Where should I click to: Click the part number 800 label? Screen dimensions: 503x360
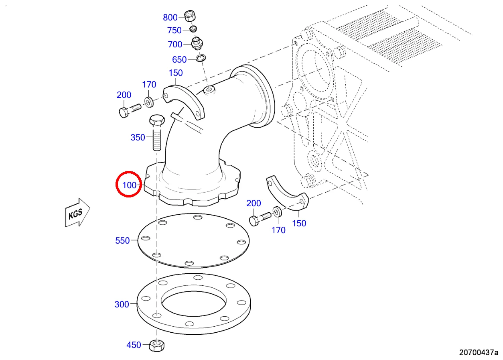pyautogui.click(x=170, y=18)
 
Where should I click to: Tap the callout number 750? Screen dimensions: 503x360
pyautogui.click(x=174, y=31)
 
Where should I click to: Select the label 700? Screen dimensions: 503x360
pyautogui.click(x=175, y=45)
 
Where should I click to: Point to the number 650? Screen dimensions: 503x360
pyautogui.click(x=179, y=59)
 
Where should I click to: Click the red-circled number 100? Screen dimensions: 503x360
pyautogui.click(x=129, y=185)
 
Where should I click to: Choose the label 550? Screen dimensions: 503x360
pyautogui.click(x=122, y=241)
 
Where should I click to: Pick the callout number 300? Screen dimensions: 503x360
pyautogui.click(x=122, y=305)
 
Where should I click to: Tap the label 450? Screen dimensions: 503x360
pyautogui.click(x=134, y=345)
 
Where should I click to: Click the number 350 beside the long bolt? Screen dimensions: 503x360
pyautogui.click(x=138, y=137)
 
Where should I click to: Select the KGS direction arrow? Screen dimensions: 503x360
pyautogui.click(x=77, y=212)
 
